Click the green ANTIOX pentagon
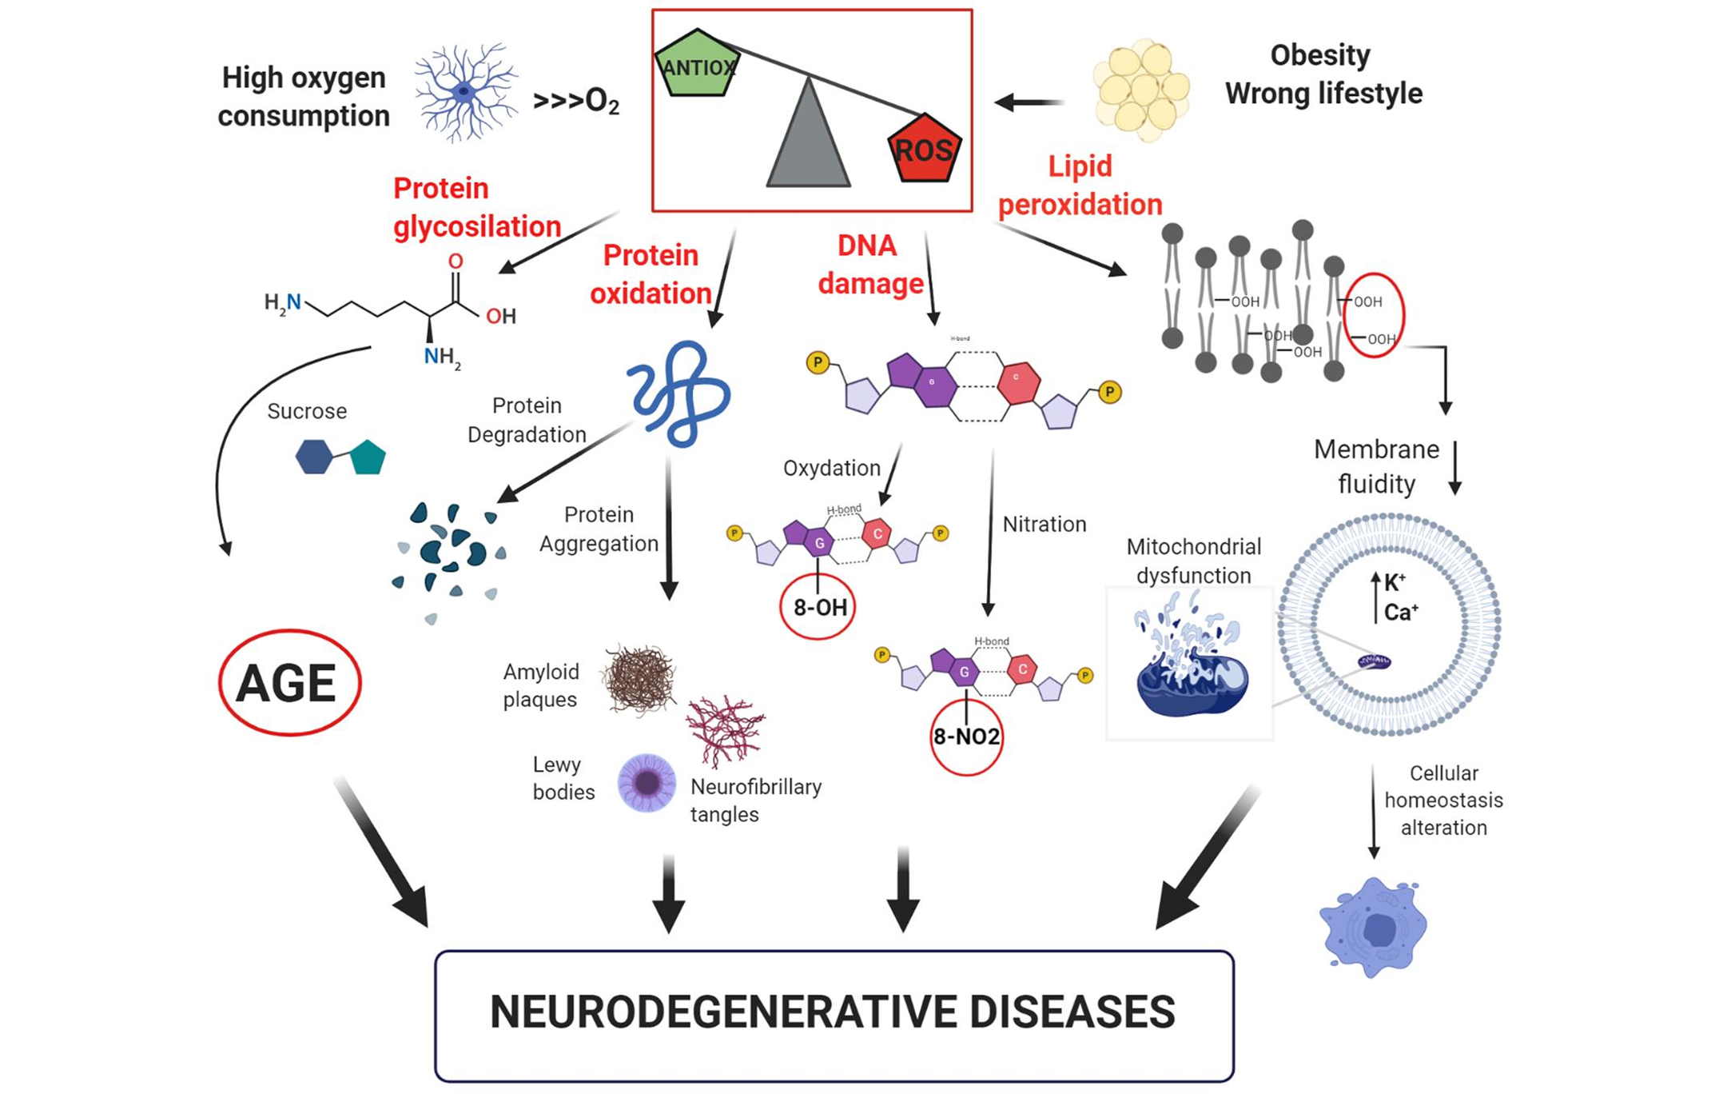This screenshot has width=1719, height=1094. [x=696, y=65]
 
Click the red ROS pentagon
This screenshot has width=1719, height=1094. [x=925, y=149]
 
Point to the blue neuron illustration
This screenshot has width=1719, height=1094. [x=465, y=92]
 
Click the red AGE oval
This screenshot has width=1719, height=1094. [x=289, y=683]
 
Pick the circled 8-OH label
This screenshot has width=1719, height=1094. [x=819, y=607]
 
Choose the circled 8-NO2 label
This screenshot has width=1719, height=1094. [x=966, y=737]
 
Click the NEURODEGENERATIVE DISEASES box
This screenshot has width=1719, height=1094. [x=834, y=1014]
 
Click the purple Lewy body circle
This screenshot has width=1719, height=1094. [x=647, y=782]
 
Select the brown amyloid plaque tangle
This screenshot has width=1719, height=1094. [x=639, y=680]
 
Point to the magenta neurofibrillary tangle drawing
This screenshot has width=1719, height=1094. [x=725, y=730]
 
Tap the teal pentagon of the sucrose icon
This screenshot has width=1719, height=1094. [x=368, y=457]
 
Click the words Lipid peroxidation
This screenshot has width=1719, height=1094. [x=1080, y=186]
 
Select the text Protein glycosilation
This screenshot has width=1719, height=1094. [x=476, y=207]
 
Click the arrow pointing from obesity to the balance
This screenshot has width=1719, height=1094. [x=1029, y=102]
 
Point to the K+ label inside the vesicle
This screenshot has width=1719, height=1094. [x=1395, y=582]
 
